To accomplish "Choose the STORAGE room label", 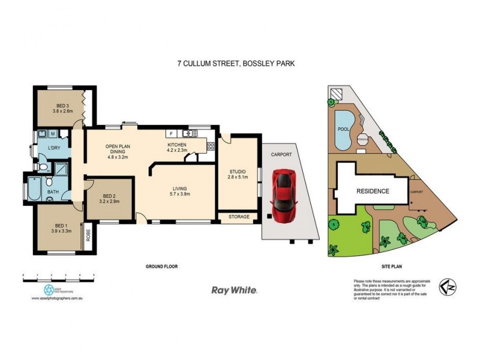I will [238, 216].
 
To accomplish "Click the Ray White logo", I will [235, 290].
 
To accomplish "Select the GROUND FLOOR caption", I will [162, 265].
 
